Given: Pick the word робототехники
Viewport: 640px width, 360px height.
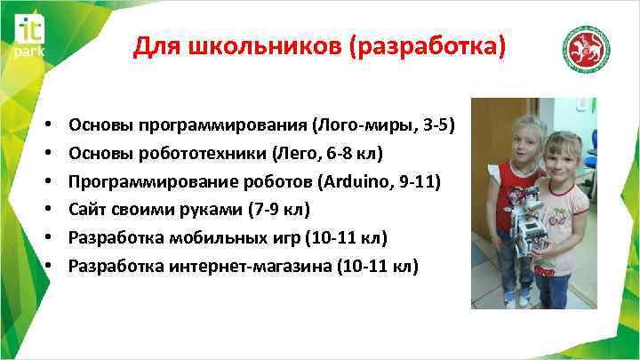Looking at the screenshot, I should pos(195,153).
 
